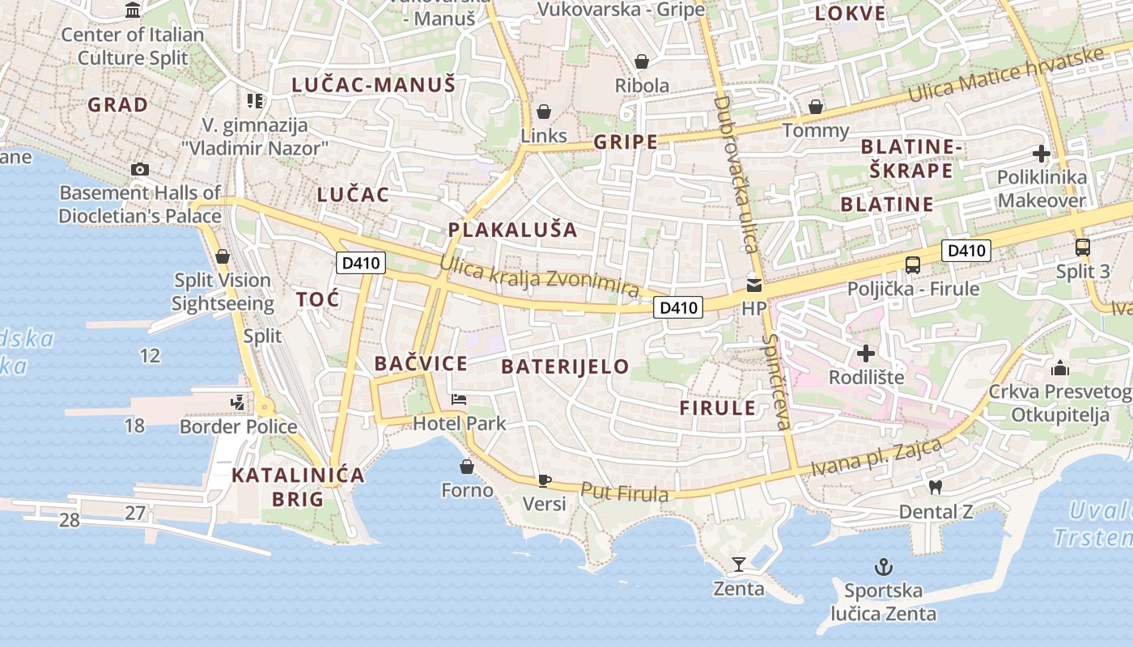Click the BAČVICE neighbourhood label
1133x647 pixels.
pos(421,364)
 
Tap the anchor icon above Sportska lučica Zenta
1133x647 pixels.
pos(884,566)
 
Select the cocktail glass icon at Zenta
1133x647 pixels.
pos(738,564)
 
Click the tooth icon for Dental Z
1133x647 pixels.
pos(936,487)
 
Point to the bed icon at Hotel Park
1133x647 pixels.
pos(459,400)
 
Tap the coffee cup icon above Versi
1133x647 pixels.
pos(545,480)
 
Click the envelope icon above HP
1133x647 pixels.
pos(754,285)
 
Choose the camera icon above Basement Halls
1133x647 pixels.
pos(140,169)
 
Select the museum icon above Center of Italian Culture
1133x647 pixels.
pos(133,11)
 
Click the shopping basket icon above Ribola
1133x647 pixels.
pos(642,61)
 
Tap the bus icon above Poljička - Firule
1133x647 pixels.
pos(913,264)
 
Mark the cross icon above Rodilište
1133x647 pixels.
pos(866,353)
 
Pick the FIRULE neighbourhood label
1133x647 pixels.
pos(717,408)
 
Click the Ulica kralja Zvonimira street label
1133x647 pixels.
pos(540,277)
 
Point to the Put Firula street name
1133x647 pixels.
pos(625,492)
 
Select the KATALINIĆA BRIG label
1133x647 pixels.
pos(298,487)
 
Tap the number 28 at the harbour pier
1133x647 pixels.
pos(70,520)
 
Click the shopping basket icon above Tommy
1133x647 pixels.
pos(816,107)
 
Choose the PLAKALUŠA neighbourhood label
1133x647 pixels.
pos(513,230)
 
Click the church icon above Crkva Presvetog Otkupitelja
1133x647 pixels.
pos(1060,369)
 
